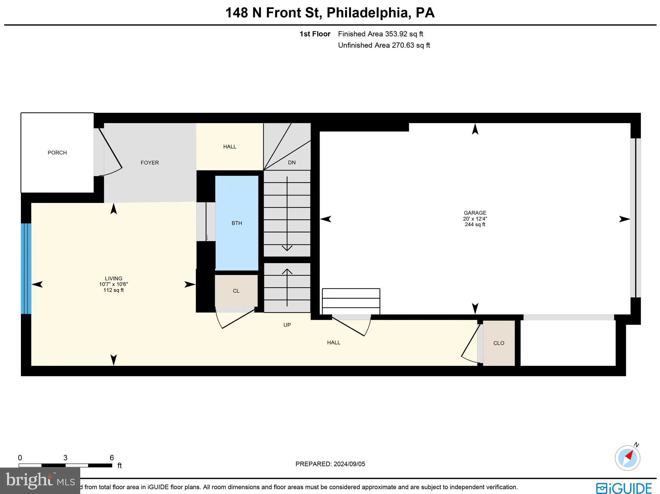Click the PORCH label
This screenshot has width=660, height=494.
click(x=57, y=153)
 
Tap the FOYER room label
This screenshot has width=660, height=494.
click(x=150, y=163)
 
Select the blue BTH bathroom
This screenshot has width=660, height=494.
click(x=237, y=223)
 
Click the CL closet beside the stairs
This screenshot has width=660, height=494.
click(x=236, y=291)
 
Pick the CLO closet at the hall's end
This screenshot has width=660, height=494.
click(x=499, y=343)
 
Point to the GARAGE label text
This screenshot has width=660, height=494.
click(x=475, y=213)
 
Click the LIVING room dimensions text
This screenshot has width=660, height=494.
click(x=113, y=284)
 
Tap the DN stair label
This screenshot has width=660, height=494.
click(x=292, y=162)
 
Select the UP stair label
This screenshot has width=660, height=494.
click(x=287, y=325)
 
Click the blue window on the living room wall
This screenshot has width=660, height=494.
click(x=26, y=268)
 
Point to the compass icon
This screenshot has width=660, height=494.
click(x=627, y=458)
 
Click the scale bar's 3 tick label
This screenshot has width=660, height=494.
click(x=65, y=458)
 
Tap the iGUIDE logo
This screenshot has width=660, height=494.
click(x=624, y=488)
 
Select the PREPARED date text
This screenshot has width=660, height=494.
click(x=330, y=464)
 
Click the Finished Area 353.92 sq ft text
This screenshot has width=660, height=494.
click(x=380, y=34)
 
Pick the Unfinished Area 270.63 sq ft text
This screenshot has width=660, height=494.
click(x=384, y=45)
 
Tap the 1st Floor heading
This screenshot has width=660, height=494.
click(x=315, y=34)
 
